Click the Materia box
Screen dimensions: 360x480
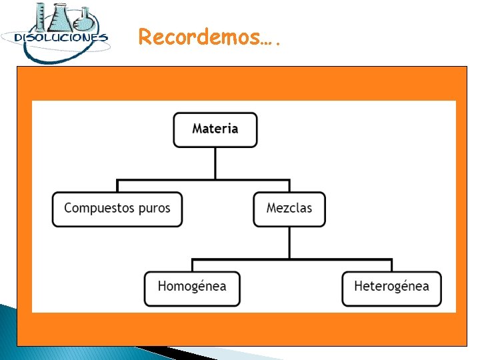tap(215, 129)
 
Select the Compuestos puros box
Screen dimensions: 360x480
tap(117, 209)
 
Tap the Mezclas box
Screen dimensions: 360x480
tap(289, 209)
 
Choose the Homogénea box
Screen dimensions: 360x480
tap(192, 288)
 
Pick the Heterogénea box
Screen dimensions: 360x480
tap(391, 288)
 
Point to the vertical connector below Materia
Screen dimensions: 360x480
tap(215, 163)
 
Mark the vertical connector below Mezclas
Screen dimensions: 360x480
tap(289, 242)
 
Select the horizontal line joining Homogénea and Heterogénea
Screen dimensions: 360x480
tap(291, 259)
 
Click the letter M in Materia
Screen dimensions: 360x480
tap(197, 129)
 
